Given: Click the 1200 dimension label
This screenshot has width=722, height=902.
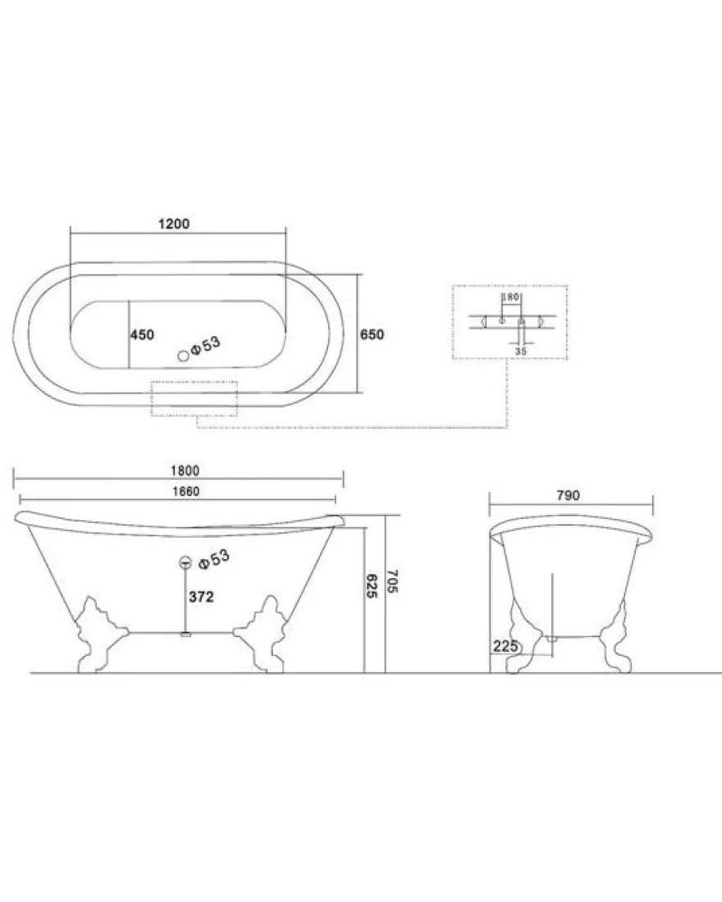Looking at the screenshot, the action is [174, 224].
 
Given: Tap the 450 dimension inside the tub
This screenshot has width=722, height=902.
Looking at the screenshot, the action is [142, 335].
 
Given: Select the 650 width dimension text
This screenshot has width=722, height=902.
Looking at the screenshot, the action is [372, 335].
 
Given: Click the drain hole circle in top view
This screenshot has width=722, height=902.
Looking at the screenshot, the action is [184, 356].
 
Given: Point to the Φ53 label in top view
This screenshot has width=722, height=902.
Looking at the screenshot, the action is [206, 346].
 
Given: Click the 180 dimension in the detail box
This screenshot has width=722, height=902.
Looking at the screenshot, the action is [510, 297].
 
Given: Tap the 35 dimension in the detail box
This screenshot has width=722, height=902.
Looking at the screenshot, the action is [520, 351].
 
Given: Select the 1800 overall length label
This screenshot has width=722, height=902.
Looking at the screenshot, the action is [185, 471].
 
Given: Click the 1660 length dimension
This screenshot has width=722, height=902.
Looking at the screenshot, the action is [186, 491].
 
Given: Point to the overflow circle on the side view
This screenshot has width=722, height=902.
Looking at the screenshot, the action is [185, 563].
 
